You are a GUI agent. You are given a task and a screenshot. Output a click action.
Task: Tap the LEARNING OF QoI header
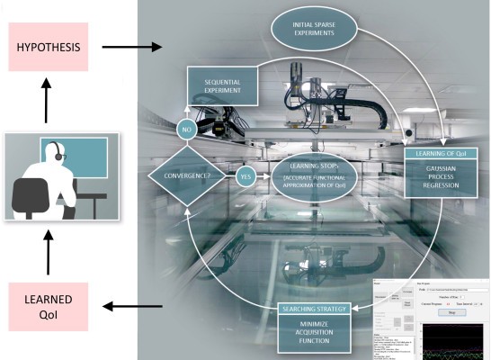tap(439, 152)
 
